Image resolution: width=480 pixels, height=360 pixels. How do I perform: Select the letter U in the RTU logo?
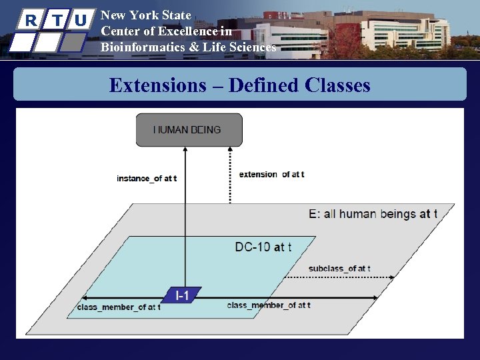pyautogui.click(x=80, y=20)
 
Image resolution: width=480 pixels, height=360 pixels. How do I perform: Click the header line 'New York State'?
pyautogui.click(x=145, y=15)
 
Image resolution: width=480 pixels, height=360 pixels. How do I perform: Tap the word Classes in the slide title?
pyautogui.click(x=337, y=85)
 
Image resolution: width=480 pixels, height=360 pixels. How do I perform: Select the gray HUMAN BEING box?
pyautogui.click(x=189, y=130)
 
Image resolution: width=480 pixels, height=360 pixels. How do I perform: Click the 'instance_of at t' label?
pyautogui.click(x=146, y=179)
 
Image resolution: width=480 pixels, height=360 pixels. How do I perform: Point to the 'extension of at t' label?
pyautogui.click(x=271, y=174)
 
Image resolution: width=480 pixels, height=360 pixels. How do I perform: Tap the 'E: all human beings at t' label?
pyautogui.click(x=373, y=214)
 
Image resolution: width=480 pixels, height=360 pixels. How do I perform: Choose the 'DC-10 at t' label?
pyautogui.click(x=263, y=247)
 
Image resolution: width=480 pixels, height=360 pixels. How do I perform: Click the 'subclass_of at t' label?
pyautogui.click(x=339, y=269)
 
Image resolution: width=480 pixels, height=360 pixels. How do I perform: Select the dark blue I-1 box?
pyautogui.click(x=181, y=295)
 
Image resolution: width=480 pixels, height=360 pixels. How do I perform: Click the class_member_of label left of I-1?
pyautogui.click(x=119, y=307)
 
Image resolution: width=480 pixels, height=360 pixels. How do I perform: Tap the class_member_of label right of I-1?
pyautogui.click(x=268, y=305)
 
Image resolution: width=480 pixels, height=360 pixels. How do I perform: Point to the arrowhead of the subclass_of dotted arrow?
pyautogui.click(x=392, y=277)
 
